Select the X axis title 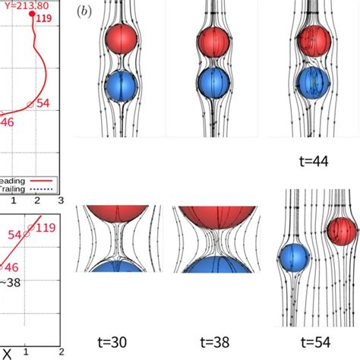click(x=6, y=353)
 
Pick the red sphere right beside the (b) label click(x=121, y=40)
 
